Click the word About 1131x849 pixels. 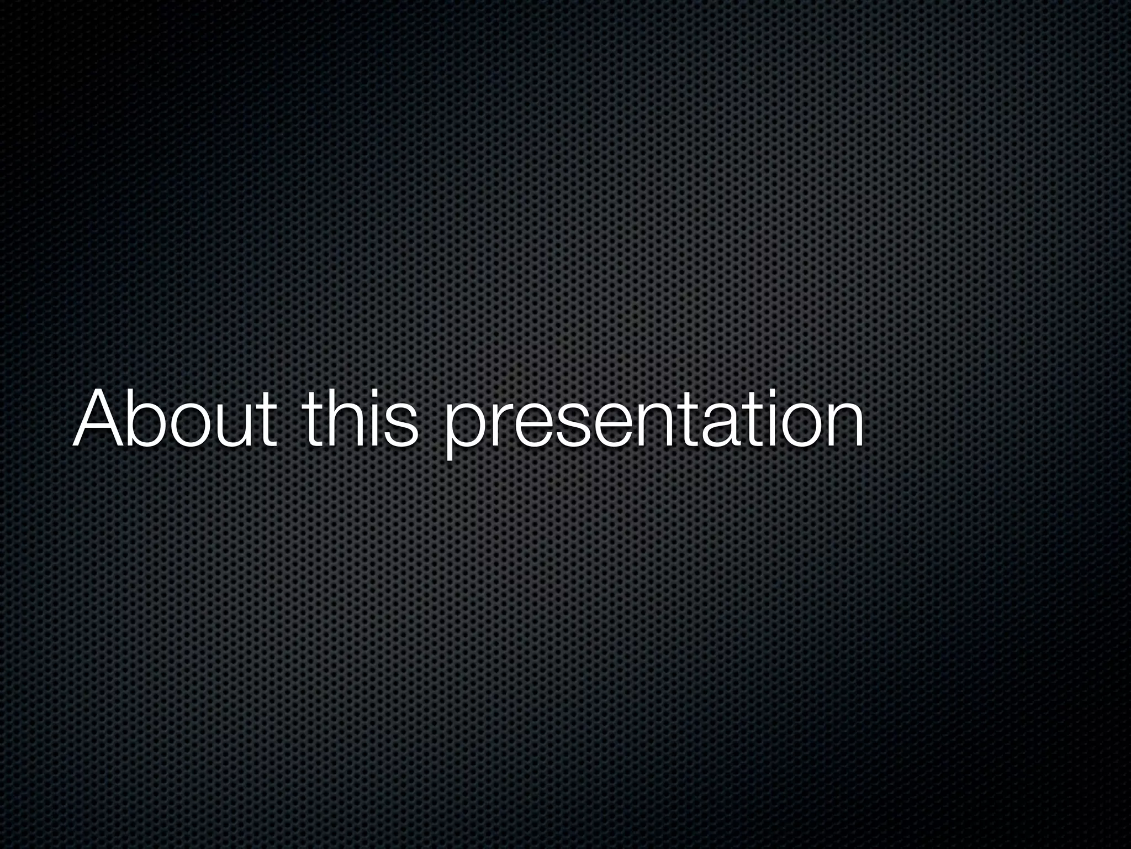click(x=174, y=418)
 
